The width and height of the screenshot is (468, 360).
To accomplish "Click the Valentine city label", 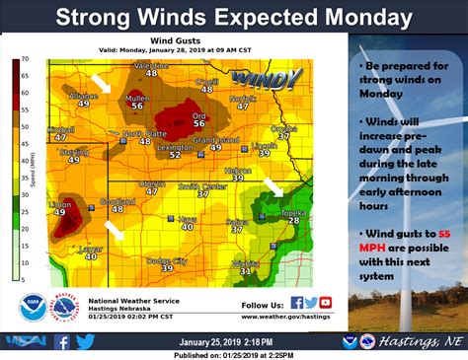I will click(151, 64).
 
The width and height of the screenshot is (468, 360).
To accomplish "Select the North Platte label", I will click(144, 133).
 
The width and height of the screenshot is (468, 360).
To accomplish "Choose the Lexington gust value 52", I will click(174, 155).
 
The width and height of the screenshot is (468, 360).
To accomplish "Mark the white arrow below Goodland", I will click(116, 230).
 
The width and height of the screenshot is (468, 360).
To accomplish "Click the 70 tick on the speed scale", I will click(28, 60).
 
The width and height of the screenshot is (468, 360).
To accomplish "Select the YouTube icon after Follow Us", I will click(327, 303).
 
